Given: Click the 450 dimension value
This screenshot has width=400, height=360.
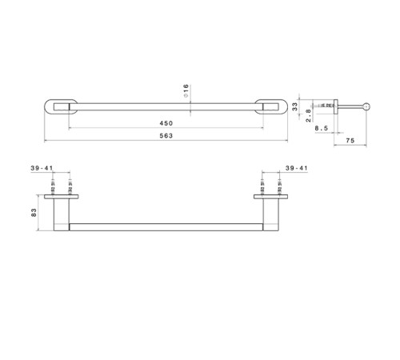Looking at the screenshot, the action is point(166,123).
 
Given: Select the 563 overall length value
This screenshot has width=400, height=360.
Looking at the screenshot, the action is point(166,136).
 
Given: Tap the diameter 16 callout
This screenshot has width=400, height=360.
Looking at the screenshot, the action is point(186,90).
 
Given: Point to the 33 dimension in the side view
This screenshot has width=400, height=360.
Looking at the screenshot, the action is point(294,106).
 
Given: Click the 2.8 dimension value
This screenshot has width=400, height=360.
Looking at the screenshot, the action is point(308,115).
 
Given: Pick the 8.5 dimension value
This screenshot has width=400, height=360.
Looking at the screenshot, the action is point(322,128).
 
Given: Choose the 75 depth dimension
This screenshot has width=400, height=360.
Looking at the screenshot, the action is point(350,141).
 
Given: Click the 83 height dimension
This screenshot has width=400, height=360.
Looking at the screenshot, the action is point(34,213).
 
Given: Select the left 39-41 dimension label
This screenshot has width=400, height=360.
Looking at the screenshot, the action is point(42,168).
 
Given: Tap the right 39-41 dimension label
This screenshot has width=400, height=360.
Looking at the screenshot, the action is point(297,168).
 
